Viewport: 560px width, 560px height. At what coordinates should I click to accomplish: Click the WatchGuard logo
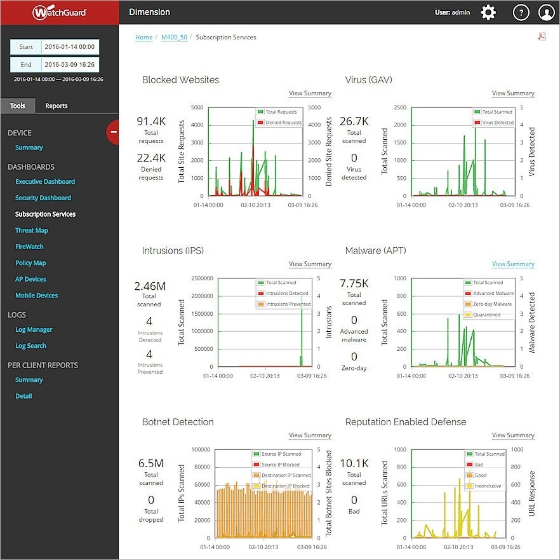click(60, 12)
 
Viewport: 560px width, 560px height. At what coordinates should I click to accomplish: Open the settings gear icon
click(488, 12)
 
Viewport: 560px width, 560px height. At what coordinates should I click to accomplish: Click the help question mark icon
click(521, 12)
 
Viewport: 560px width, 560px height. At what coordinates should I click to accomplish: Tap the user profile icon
click(546, 12)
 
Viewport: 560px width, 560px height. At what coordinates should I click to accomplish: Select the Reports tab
click(56, 106)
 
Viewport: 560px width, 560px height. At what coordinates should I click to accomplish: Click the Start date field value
click(70, 47)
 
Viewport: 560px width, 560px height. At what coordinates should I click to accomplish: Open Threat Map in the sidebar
click(32, 231)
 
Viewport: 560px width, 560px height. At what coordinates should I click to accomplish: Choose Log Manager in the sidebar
click(34, 329)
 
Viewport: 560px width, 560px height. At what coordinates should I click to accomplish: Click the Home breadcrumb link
click(143, 38)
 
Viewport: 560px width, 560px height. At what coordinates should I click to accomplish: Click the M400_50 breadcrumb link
click(174, 38)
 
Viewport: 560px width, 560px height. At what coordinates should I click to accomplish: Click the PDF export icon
click(542, 36)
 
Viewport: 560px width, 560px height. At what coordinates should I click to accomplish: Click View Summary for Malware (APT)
click(513, 264)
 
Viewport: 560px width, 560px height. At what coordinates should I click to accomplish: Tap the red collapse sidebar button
click(113, 132)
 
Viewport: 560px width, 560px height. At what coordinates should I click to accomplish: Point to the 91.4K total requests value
click(151, 121)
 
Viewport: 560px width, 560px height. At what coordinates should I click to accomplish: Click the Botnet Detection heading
click(178, 422)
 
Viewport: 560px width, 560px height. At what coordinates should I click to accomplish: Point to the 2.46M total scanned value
click(150, 287)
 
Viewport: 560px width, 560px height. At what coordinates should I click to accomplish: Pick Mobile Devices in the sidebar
click(37, 296)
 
